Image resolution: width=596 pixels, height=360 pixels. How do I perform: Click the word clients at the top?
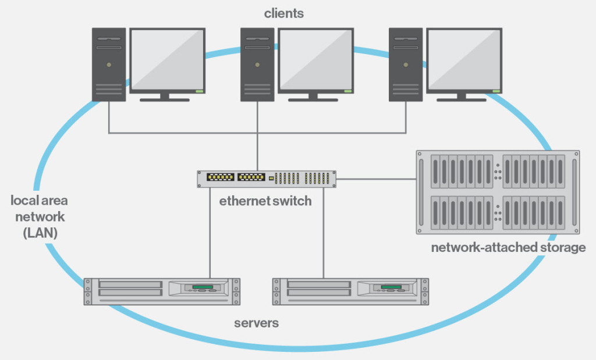point(283,13)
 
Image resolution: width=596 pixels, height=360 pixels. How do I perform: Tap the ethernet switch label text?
point(265,201)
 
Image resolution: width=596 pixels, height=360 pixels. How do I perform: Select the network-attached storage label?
point(508,248)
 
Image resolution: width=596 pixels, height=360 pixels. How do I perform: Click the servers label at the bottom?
point(256,323)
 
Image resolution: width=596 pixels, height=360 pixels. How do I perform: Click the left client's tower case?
point(109,64)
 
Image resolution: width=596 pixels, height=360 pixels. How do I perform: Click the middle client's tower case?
point(257,64)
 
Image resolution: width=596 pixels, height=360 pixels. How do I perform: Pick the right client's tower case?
point(406,64)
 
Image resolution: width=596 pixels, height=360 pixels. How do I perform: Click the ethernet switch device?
point(267,179)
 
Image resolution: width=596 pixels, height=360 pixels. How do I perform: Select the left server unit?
point(162,291)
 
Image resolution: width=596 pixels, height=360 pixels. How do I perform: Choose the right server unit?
point(351,291)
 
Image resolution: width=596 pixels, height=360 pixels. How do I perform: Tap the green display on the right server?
point(390,287)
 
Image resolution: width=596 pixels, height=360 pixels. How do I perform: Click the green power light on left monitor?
point(199,91)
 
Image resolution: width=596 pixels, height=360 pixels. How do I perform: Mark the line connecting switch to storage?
point(376,179)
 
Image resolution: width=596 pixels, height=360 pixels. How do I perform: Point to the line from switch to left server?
point(210,233)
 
